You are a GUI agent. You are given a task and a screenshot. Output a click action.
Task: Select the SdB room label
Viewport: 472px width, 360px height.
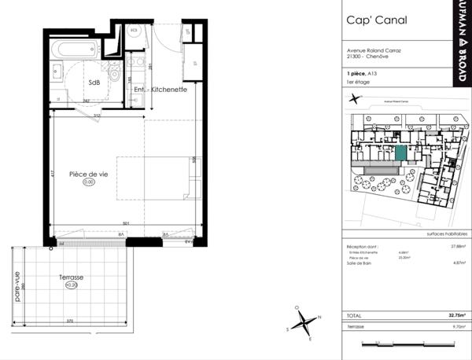(x=94, y=82)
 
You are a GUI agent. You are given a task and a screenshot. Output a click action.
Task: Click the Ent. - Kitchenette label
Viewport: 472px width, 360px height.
(x=160, y=90)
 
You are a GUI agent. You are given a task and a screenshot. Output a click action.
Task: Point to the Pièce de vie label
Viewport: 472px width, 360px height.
(x=88, y=174)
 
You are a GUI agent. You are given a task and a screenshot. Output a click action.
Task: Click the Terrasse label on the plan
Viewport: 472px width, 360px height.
(x=72, y=277)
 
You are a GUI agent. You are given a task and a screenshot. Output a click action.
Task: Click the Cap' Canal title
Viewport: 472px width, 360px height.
(x=372, y=21)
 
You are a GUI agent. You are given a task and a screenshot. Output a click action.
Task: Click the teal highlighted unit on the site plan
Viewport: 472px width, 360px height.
(x=400, y=154)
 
